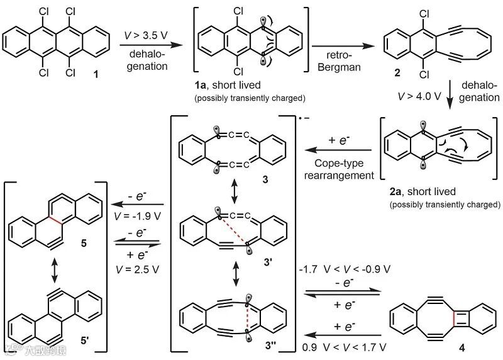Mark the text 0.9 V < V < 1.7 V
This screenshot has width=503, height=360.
(343, 345)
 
